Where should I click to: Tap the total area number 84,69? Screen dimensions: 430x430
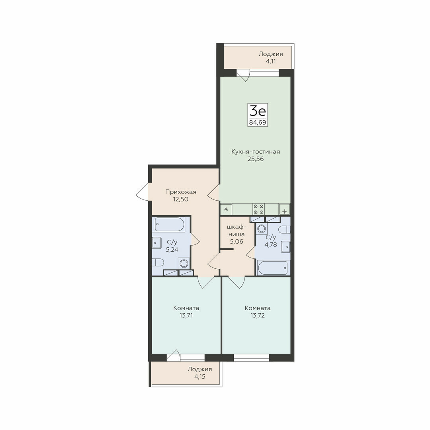point(258,122)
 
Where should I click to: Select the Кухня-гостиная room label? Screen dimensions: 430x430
point(256,152)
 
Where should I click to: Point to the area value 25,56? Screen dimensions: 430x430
point(256,159)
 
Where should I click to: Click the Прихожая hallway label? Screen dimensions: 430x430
point(181,192)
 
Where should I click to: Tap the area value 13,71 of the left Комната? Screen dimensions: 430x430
point(186,315)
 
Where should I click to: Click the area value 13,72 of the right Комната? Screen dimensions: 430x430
point(258,315)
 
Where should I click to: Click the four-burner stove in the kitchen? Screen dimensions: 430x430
point(258,209)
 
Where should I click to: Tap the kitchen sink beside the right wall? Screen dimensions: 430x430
point(285,209)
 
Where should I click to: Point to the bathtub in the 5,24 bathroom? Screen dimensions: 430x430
point(170,225)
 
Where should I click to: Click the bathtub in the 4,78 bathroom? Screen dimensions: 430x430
point(273,268)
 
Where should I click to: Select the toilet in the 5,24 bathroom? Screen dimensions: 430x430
point(158,262)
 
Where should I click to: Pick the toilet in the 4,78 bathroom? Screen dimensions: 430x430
point(284,229)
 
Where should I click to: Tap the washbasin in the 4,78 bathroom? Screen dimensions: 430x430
point(286,247)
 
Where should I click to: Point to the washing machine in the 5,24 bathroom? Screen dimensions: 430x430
point(184,264)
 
